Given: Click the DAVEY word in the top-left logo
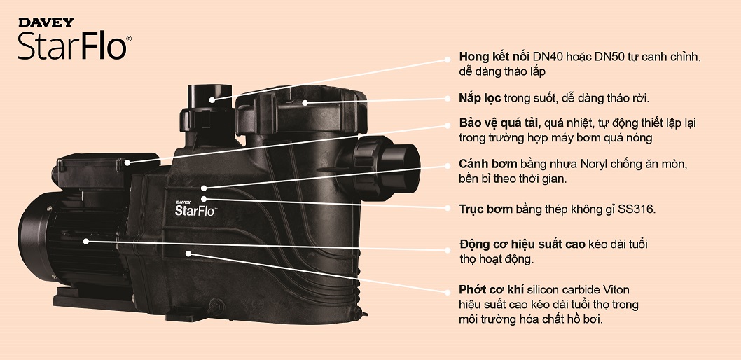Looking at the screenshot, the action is pos(46,22).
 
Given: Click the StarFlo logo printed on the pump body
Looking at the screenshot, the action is pos(195,207).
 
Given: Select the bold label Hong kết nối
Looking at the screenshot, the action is pos(494,57).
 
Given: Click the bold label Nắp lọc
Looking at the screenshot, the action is pos(480,98).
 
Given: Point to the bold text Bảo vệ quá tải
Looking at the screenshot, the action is pos(500,123).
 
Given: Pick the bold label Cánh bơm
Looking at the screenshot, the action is pos(487,165).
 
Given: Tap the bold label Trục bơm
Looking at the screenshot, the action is pos(485,209).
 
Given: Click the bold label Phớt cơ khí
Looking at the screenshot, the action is pos(491,289).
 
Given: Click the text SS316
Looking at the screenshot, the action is pos(637,209).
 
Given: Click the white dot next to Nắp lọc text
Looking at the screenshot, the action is pos(447,98).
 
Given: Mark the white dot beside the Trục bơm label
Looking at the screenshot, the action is pos(447,208).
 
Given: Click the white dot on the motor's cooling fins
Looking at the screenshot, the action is pos(86,241).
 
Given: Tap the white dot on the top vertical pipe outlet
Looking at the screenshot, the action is pos(212,99).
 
